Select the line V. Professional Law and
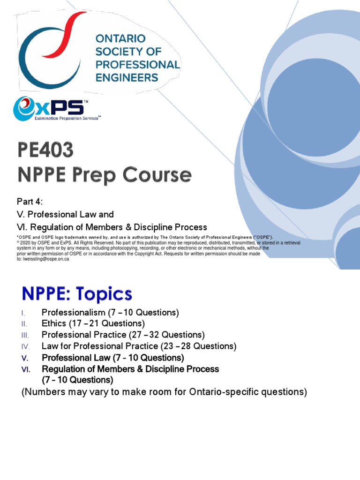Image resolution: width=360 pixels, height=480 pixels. click(65, 214)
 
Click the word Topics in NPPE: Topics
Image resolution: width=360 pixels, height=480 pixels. click(107, 294)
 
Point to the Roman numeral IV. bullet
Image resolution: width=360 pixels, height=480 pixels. click(26, 346)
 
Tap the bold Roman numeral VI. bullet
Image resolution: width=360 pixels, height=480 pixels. click(26, 369)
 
